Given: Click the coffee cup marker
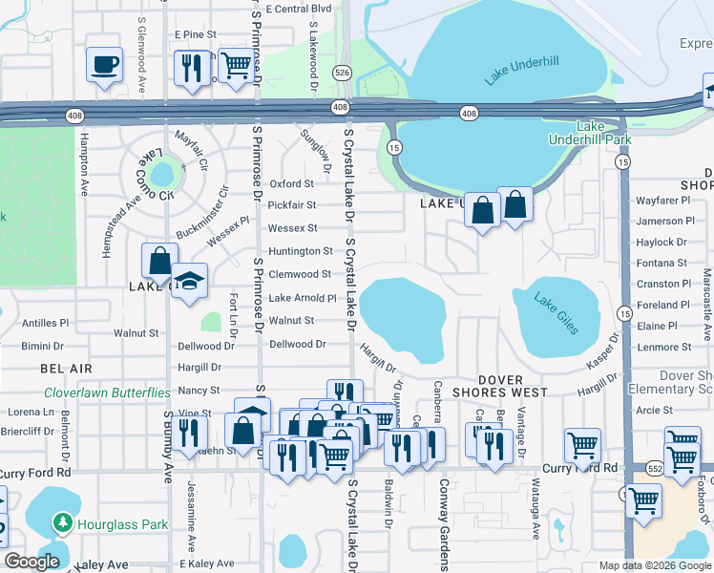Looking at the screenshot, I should point(104,65).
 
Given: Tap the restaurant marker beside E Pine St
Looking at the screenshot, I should point(192,67).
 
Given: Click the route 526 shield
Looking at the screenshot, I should point(342,73).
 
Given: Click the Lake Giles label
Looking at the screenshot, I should point(556,313).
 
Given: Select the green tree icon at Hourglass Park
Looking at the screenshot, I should point(62,523).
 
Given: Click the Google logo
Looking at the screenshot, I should point(31,562).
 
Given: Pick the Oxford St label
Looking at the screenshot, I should point(291,183).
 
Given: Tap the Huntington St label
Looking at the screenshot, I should point(301,251).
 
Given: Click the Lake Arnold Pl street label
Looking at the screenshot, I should point(303,298).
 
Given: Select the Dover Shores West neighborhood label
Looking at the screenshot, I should point(499,386).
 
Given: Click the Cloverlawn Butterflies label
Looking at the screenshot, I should point(107,393).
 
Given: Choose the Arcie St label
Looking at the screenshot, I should point(654,410).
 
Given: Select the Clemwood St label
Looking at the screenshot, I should point(301,274).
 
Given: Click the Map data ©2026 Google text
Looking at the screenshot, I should point(653,565).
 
